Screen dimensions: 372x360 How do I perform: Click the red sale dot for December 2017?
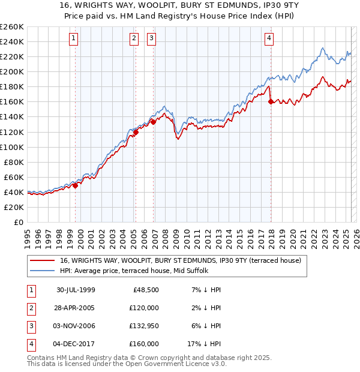(x=271, y=101)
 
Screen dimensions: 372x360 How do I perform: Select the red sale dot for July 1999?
(x=76, y=185)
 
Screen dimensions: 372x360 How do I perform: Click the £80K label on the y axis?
(x=14, y=162)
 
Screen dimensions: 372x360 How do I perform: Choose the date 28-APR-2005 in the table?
(x=76, y=308)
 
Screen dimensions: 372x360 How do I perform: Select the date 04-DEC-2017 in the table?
(x=76, y=344)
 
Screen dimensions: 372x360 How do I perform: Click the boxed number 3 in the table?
(x=31, y=326)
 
